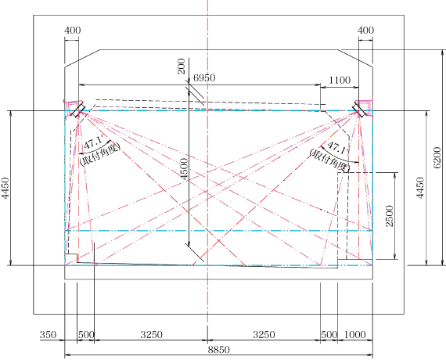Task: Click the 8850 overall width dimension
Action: (x=218, y=350)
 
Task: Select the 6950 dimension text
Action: (x=204, y=77)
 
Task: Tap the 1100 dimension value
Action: (x=340, y=81)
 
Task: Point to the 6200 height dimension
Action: (x=438, y=157)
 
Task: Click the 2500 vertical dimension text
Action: (x=390, y=216)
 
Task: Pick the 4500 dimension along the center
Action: (x=185, y=169)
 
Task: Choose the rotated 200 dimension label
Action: (x=182, y=67)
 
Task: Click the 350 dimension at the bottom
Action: (x=48, y=335)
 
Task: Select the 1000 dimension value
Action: (x=354, y=335)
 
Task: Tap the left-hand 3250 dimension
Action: (x=151, y=335)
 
